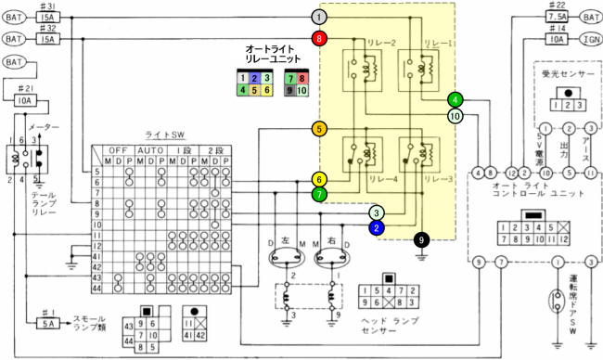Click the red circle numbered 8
click(319, 39)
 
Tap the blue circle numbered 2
click(377, 227)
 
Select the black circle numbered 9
click(421, 240)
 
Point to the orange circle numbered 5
click(319, 130)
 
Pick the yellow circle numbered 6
click(319, 179)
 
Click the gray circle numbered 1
click(319, 17)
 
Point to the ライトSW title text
click(164, 135)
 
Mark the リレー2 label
click(356, 43)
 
